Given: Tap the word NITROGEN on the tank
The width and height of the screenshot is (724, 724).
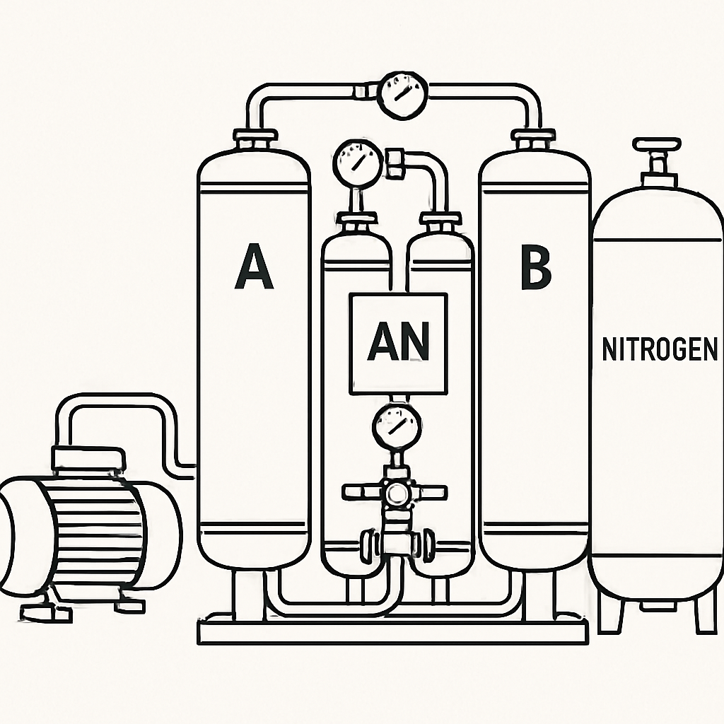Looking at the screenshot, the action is [x=660, y=349].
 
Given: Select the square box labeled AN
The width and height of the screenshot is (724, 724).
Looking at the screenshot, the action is [x=398, y=344].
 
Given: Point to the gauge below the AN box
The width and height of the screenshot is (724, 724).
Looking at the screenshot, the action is [x=397, y=428].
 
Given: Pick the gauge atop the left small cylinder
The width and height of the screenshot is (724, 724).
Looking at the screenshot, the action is [x=358, y=162].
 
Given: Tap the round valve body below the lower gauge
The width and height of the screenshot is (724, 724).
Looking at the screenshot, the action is [x=396, y=494].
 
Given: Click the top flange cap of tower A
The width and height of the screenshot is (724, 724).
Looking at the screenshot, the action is [x=256, y=136].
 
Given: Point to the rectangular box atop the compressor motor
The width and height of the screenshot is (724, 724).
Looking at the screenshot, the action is [x=89, y=457].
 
